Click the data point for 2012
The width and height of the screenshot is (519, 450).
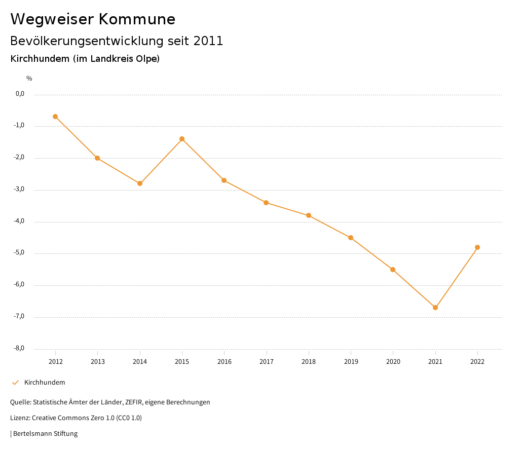pyautogui.click(x=55, y=117)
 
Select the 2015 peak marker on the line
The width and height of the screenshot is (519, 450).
pyautogui.click(x=182, y=139)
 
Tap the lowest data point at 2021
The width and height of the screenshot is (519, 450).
pyautogui.click(x=435, y=308)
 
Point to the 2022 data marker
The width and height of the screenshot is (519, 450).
pyautogui.click(x=477, y=247)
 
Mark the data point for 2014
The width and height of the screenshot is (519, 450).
pyautogui.click(x=140, y=183)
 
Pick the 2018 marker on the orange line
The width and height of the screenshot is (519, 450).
pyautogui.click(x=309, y=215)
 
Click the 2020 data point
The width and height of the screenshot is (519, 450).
pyautogui.click(x=393, y=270)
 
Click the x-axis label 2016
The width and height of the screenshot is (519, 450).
pyautogui.click(x=224, y=362)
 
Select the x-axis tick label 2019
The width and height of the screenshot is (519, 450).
pyautogui.click(x=351, y=362)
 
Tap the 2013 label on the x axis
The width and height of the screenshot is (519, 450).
pyautogui.click(x=98, y=362)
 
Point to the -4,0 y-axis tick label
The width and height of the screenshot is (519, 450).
pyautogui.click(x=20, y=221)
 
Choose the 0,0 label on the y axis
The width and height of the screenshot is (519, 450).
pyautogui.click(x=20, y=94)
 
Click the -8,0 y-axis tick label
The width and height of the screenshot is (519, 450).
pyautogui.click(x=20, y=348)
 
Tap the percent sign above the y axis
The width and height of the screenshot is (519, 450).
pyautogui.click(x=29, y=79)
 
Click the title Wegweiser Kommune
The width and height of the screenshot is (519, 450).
pyautogui.click(x=93, y=19)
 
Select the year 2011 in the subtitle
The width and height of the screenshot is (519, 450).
pyautogui.click(x=208, y=41)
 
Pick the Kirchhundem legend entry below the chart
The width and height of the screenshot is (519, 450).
pyautogui.click(x=45, y=383)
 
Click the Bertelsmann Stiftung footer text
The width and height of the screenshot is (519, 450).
pyautogui.click(x=45, y=434)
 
